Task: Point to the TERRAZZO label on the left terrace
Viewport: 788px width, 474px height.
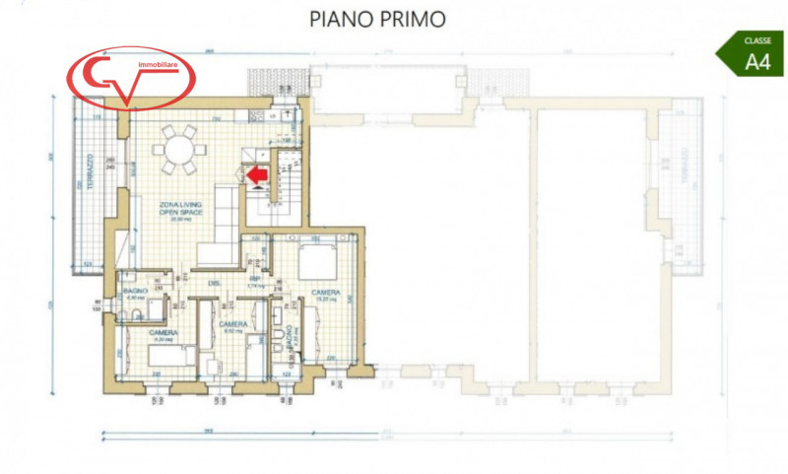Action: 88,173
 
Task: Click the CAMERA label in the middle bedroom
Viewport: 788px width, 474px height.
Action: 232,324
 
